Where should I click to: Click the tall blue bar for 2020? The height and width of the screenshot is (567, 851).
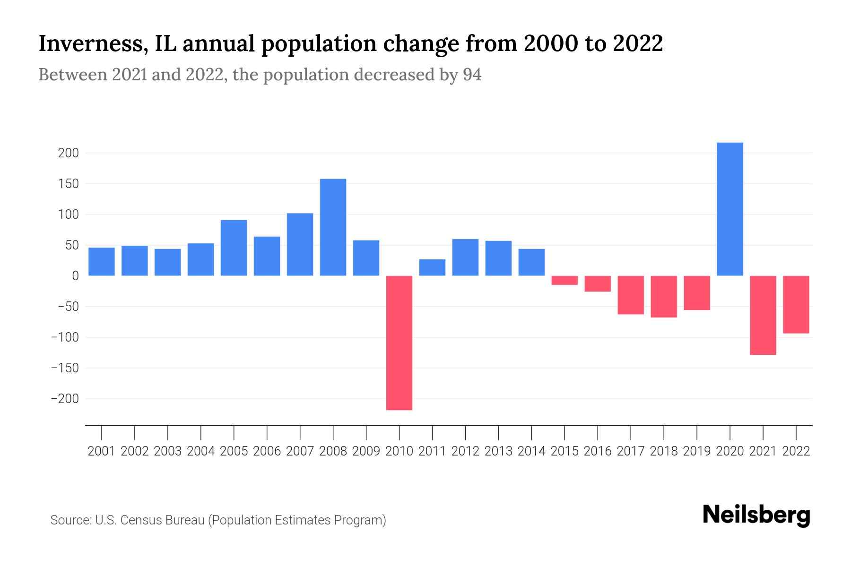729,209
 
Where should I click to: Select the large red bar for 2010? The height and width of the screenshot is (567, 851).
399,343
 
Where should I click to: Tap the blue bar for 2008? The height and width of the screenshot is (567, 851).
333,227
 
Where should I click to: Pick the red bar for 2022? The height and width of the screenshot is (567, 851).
796,304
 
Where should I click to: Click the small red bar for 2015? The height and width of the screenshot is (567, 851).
564,280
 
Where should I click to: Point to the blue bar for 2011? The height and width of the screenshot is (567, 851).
432,267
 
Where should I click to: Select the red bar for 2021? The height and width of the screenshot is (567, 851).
763,315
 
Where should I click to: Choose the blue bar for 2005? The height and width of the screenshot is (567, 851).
234,248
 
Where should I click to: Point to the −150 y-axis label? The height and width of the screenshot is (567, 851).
65,368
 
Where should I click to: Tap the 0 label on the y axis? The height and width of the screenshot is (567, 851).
75,276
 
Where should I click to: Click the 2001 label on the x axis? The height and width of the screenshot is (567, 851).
102,451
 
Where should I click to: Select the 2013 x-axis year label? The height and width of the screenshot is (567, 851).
498,451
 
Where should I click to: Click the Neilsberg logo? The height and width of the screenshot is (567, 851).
756,515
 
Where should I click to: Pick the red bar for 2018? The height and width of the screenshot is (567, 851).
663,296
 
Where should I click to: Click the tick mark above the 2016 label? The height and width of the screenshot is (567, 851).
598,432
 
